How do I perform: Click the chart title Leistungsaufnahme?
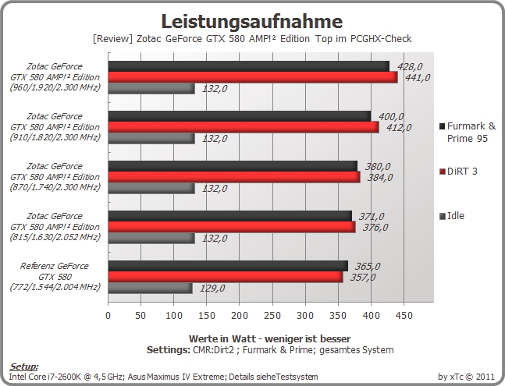click(251, 22)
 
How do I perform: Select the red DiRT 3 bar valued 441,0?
click(253, 77)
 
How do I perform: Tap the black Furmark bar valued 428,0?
click(249, 66)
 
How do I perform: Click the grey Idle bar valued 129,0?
click(151, 289)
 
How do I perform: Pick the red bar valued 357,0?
click(226, 277)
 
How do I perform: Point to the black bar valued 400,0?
click(240, 116)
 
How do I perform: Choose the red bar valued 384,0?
click(234, 177)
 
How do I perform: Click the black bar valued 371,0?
click(230, 216)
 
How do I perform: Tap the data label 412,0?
click(399, 128)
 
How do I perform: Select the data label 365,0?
click(368, 267)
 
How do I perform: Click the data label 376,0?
click(375, 228)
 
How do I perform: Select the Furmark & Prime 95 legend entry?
click(468, 133)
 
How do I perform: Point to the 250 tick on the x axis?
click(272, 316)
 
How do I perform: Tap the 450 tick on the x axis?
click(404, 316)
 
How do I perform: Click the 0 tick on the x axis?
click(108, 316)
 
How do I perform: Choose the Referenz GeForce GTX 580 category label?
click(55, 276)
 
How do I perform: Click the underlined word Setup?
click(24, 367)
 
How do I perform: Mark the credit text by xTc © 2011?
click(466, 377)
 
